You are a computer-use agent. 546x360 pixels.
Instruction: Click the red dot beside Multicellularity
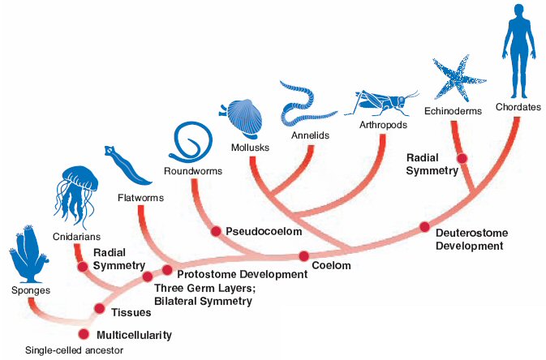click(x=84, y=334)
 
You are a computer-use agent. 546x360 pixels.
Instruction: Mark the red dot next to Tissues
click(x=99, y=308)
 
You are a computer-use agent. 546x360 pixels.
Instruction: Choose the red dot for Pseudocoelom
click(x=216, y=231)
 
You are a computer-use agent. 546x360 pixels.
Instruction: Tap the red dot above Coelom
click(x=304, y=256)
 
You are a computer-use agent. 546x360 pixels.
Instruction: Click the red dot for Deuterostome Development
click(x=424, y=228)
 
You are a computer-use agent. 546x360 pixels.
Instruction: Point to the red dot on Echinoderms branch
click(x=462, y=158)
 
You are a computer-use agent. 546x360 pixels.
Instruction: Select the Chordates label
click(x=514, y=106)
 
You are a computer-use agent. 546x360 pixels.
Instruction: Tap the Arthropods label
click(x=381, y=126)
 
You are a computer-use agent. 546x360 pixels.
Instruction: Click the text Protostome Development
click(x=241, y=274)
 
